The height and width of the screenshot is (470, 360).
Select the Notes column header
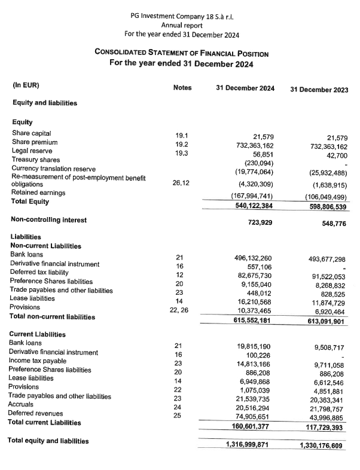[x=182, y=88]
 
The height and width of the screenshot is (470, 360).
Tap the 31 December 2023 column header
[x=319, y=89]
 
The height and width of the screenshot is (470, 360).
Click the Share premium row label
[x=35, y=142]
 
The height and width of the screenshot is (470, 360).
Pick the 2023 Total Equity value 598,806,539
[x=322, y=206]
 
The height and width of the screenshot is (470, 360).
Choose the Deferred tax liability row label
[x=41, y=272]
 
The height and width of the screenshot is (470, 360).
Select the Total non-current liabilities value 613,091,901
[x=322, y=321]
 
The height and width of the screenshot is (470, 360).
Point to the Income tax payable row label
[x=39, y=361]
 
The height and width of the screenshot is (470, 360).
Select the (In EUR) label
[x=26, y=85]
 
